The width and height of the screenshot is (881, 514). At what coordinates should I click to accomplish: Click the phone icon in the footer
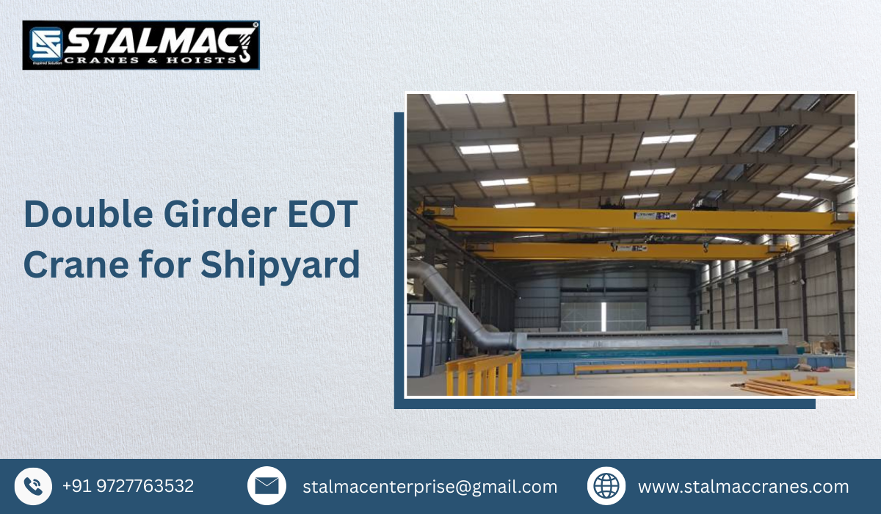[x=33, y=486]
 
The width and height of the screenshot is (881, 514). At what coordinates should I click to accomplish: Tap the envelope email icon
[x=267, y=486]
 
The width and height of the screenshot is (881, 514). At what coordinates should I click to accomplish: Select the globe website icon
[x=606, y=486]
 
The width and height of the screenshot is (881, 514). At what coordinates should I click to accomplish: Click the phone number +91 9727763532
[x=128, y=486]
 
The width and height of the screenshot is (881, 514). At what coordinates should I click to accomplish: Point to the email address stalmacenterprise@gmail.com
[x=429, y=487]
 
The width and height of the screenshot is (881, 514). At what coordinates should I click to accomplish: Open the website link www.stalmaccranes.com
[x=743, y=487]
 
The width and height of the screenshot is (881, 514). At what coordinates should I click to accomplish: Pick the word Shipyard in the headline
[x=280, y=266]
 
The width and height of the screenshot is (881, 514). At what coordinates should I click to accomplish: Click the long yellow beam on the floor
[x=661, y=366]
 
